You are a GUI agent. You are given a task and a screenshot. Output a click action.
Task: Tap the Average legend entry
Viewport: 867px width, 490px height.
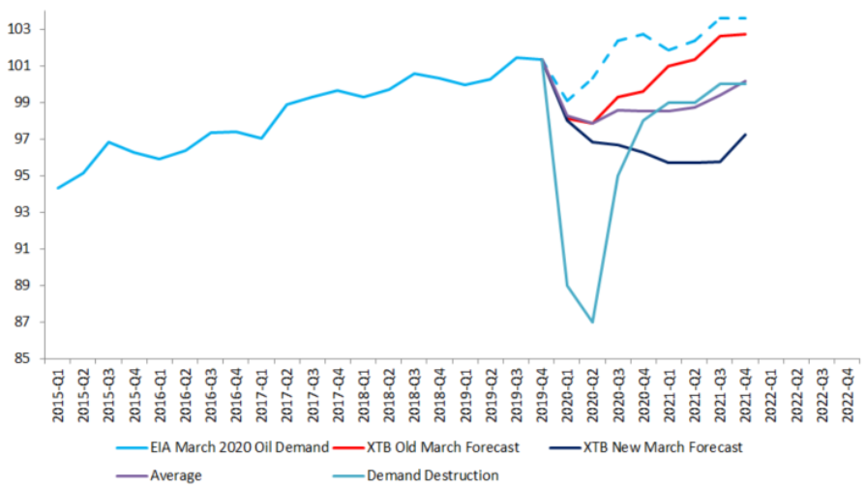(x=175, y=475)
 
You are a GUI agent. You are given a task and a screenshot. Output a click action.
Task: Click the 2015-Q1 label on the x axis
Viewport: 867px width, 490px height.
(x=58, y=393)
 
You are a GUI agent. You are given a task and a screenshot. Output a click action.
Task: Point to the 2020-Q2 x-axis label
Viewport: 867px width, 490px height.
(x=591, y=393)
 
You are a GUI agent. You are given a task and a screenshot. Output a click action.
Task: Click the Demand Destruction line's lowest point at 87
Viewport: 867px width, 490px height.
(x=592, y=322)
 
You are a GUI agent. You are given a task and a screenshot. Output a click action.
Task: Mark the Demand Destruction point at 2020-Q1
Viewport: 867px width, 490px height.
(x=567, y=286)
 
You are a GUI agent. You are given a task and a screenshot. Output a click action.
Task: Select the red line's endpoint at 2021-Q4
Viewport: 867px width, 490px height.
(x=744, y=34)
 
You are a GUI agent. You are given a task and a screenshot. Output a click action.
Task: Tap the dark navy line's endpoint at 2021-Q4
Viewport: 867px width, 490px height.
(x=744, y=135)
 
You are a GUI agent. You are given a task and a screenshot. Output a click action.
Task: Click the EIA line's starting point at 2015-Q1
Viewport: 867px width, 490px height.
(x=59, y=188)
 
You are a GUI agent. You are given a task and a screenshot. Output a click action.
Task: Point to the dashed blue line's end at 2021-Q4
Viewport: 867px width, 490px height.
(x=744, y=17)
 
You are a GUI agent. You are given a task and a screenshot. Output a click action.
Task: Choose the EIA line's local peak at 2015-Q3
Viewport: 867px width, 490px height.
(x=109, y=142)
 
